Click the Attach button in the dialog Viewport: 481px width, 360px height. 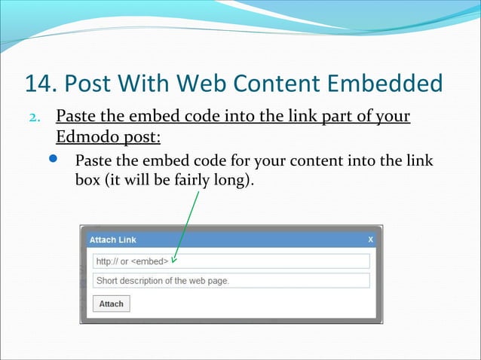[x=111, y=304]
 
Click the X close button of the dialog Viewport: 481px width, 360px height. [x=370, y=239]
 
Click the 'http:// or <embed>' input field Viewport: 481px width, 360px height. [x=231, y=261]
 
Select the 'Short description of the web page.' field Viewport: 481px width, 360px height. [x=231, y=281]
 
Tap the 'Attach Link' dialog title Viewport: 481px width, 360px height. [x=113, y=239]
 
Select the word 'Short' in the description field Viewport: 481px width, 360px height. [x=106, y=281]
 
